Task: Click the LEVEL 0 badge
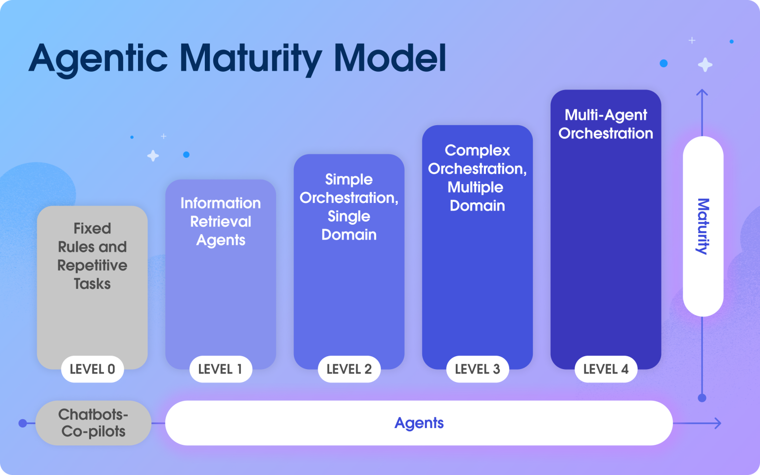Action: point(92,369)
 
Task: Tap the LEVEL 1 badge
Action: point(221,369)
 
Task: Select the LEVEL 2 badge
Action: point(349,369)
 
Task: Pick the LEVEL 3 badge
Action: point(477,369)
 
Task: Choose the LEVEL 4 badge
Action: point(606,369)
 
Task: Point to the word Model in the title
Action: point(390,58)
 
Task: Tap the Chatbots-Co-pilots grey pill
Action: point(93,423)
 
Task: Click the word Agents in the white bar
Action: point(419,423)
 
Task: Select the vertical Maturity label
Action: point(703,226)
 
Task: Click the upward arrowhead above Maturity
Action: point(702,92)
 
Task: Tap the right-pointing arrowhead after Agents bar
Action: point(717,423)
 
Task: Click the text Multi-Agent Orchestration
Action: point(606,124)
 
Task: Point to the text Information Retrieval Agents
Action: point(221,221)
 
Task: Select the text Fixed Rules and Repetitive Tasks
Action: point(92,256)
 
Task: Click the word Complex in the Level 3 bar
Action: point(477,150)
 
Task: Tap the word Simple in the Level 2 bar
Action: point(349,179)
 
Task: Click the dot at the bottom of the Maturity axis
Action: point(702,398)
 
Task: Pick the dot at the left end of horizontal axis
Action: point(22,423)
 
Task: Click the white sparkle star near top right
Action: point(705,65)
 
